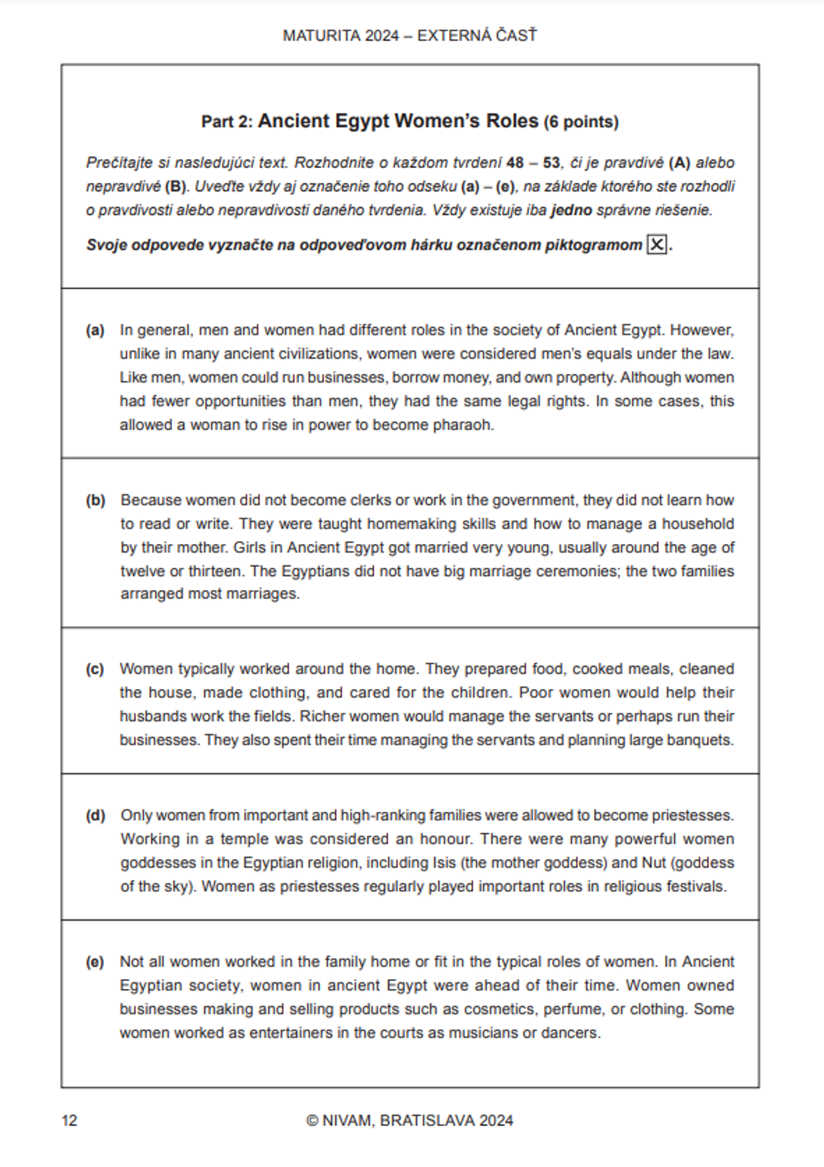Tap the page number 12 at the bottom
tap(69, 1120)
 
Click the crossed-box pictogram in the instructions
tap(657, 245)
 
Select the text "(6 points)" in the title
tap(581, 122)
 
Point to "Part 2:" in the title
tap(227, 122)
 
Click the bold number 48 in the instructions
tap(515, 162)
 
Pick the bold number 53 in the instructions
tap(552, 162)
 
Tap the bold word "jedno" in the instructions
tap(571, 210)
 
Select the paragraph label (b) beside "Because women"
tap(96, 500)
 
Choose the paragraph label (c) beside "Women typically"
tap(95, 669)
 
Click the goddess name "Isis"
tap(443, 863)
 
